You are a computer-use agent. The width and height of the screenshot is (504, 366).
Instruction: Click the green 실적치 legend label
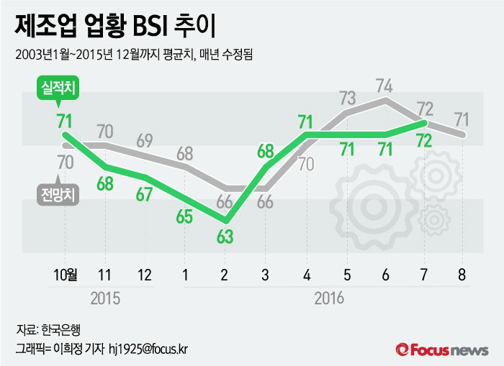60,88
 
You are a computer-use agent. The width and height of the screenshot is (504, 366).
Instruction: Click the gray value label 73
347,98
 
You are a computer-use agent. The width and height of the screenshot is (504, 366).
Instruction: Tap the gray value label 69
145,139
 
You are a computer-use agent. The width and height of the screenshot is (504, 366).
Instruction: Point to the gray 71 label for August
463,118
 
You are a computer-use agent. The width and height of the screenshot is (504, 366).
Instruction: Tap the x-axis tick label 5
347,274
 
